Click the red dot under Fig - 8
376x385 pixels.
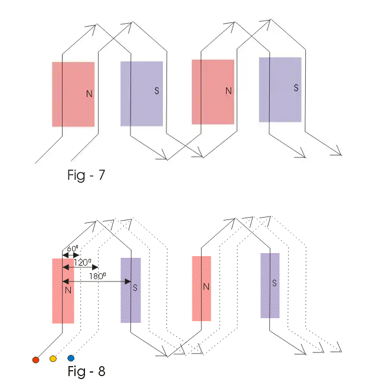tap(35, 359)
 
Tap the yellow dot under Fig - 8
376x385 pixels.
tap(53, 358)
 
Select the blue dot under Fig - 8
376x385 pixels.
tap(71, 358)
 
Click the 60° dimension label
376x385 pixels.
tap(72, 248)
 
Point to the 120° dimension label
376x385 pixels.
tap(81, 261)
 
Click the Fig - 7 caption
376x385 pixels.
tap(86, 175)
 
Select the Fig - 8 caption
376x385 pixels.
tap(86, 372)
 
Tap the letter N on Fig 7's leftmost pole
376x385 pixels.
tap(89, 93)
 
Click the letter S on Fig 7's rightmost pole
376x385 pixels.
tap(296, 88)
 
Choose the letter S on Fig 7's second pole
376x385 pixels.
tap(156, 90)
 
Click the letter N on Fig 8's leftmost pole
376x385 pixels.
tap(68, 290)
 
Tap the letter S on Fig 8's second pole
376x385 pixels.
tap(135, 288)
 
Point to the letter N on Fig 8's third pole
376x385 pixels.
tap(206, 287)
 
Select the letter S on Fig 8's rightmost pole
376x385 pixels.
tap(274, 283)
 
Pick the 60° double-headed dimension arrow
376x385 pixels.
tap(70, 254)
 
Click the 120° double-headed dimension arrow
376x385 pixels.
tap(80, 267)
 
